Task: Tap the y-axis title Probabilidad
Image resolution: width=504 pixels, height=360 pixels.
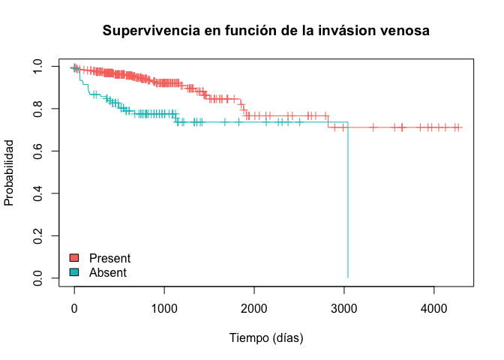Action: pos(10,172)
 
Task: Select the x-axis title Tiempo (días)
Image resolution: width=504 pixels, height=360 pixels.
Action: pos(265,338)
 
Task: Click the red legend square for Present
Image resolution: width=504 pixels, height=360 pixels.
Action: pos(74,259)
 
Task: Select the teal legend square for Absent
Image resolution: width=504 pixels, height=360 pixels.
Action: pos(74,272)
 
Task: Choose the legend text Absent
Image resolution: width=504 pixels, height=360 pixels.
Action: pos(108,272)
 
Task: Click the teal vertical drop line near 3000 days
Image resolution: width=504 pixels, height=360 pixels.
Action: pos(348,202)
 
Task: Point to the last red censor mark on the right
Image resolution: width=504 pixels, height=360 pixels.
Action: pos(457,127)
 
